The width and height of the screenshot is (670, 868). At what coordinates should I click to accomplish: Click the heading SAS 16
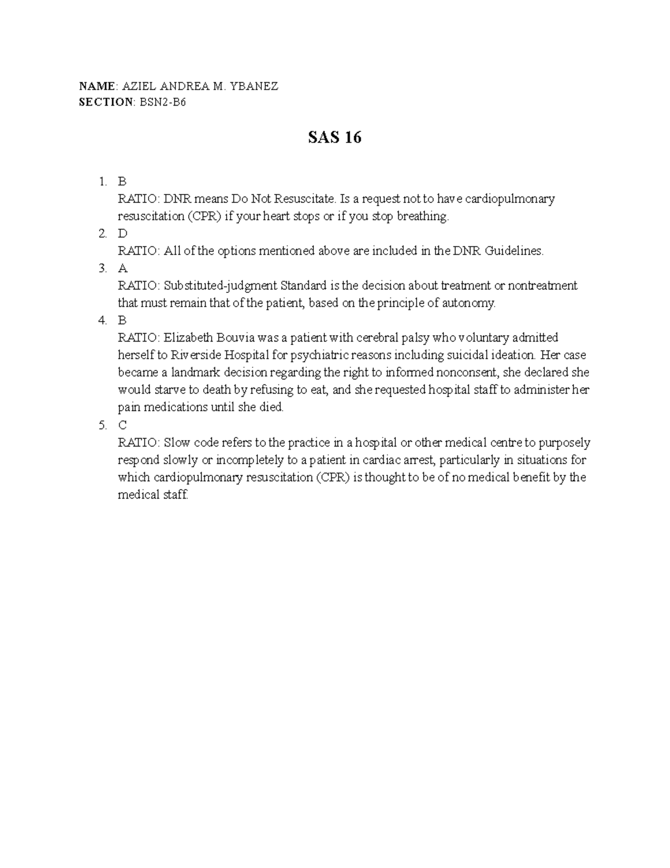click(334, 137)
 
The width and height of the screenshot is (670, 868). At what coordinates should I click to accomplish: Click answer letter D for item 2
click(123, 234)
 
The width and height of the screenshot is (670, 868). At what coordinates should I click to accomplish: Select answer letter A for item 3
click(123, 268)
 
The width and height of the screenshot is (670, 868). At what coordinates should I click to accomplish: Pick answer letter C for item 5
click(123, 425)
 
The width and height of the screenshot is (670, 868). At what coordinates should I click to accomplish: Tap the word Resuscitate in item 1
click(308, 199)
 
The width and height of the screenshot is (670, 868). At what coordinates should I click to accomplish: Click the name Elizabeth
click(189, 338)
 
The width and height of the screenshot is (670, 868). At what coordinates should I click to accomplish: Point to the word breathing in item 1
click(422, 216)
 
